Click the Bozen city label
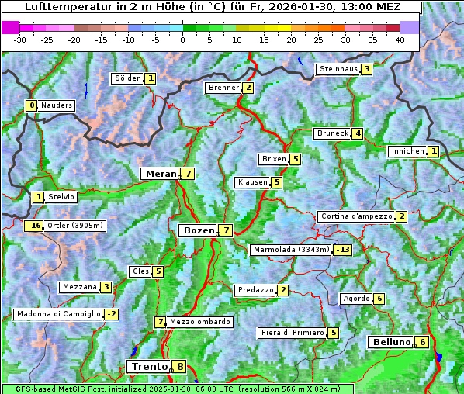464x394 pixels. click(x=197, y=230)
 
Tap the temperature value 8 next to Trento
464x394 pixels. click(x=180, y=367)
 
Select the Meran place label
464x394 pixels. click(x=161, y=174)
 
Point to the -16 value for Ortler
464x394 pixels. click(x=33, y=226)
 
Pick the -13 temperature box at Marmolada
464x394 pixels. click(x=342, y=250)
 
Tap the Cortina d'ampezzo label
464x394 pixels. click(x=355, y=216)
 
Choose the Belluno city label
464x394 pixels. click(x=390, y=342)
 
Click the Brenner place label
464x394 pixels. click(x=223, y=88)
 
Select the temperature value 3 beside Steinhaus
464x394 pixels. click(x=366, y=69)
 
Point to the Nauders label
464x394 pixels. click(x=57, y=105)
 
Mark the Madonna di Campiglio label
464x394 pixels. click(x=58, y=314)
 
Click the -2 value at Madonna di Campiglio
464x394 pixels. click(x=112, y=314)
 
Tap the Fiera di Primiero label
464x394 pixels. click(x=292, y=333)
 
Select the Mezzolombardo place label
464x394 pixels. click(x=199, y=322)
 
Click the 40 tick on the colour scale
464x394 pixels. click(x=400, y=40)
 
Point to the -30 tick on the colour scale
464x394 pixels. click(x=20, y=40)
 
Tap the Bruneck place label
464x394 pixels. click(x=332, y=133)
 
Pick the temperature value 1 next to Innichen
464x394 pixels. click(x=434, y=151)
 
